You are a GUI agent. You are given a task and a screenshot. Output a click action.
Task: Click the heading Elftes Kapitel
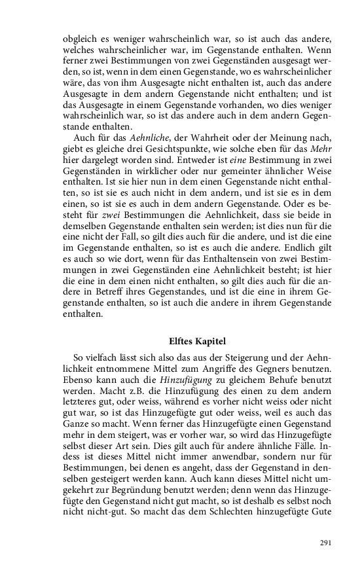click(197, 340)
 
